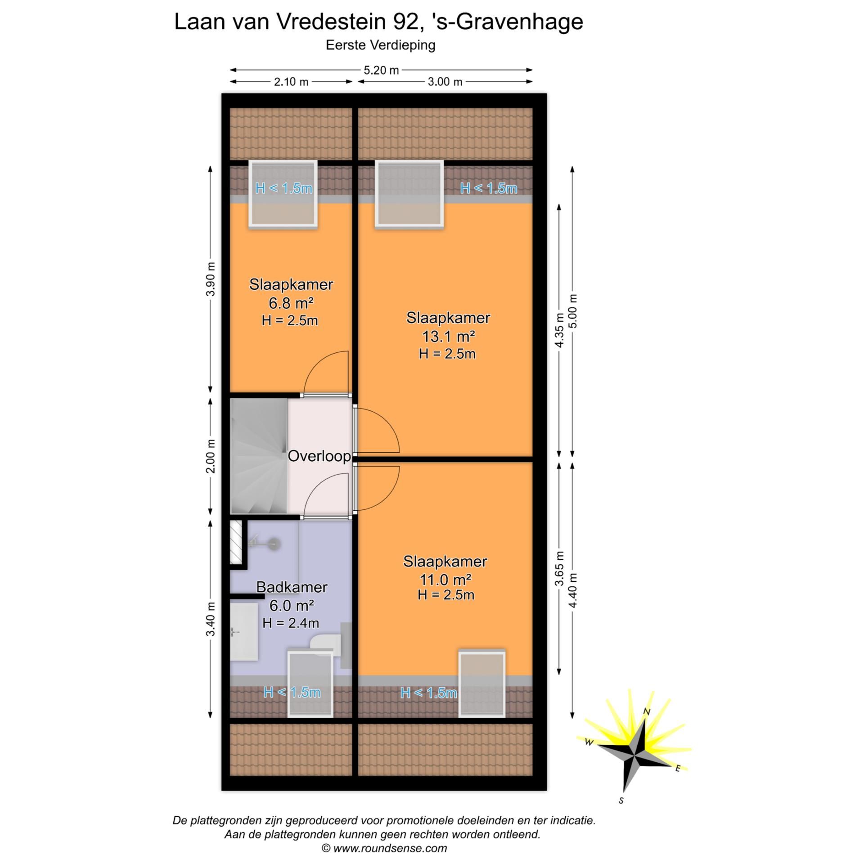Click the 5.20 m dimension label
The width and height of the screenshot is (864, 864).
click(x=381, y=70)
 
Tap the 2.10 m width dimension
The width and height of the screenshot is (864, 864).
click(x=291, y=82)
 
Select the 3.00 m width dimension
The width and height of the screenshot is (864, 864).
click(x=445, y=82)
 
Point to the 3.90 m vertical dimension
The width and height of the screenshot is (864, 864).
click(x=211, y=279)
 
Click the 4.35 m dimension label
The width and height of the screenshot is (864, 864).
click(x=559, y=330)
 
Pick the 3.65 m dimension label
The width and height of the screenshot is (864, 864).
click(x=559, y=568)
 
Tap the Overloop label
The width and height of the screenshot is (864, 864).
click(x=319, y=456)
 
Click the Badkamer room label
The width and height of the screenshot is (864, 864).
click(x=292, y=587)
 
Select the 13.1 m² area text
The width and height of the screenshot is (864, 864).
click(x=448, y=336)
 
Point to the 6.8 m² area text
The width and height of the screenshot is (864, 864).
click(x=291, y=303)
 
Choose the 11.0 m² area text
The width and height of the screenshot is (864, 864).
click(x=445, y=579)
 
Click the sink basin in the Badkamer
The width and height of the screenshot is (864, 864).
click(x=244, y=632)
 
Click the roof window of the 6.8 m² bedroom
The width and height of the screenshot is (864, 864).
click(x=283, y=194)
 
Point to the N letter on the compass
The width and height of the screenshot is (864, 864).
click(x=647, y=711)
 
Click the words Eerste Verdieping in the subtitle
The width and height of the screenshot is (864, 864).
click(x=380, y=45)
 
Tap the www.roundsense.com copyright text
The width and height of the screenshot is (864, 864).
click(x=384, y=848)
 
